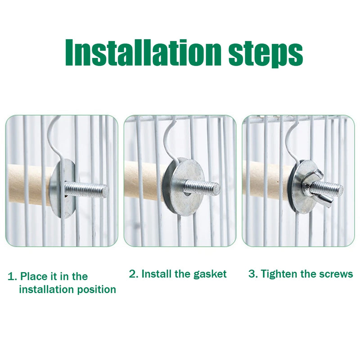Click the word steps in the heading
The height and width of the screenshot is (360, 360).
pos(265,55)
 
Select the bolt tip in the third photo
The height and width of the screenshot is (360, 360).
pos(340,189)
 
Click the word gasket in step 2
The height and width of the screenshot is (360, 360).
pos(210,274)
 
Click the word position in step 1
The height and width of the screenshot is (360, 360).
pos(96,290)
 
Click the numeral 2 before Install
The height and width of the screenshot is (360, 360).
pos(132,274)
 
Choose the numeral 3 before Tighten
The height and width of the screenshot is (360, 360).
pos(252,274)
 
